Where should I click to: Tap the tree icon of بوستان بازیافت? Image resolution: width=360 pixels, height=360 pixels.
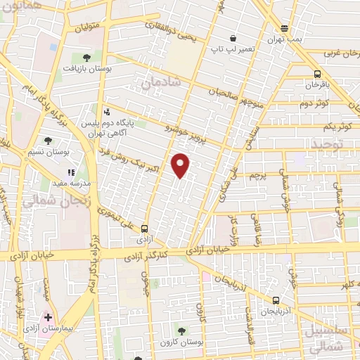86,57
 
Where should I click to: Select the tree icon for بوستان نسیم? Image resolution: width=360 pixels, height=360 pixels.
48,141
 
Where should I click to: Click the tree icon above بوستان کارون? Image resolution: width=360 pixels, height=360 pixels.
181,330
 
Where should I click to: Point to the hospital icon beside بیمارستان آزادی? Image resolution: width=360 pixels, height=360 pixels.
48,318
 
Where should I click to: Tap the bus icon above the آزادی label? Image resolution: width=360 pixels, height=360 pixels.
144,228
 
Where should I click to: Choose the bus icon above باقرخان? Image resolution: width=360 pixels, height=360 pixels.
317,74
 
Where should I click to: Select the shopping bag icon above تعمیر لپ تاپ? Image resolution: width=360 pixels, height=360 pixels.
232,39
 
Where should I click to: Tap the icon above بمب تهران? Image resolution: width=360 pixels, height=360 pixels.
284,28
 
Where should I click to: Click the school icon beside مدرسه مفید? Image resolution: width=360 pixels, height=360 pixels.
70,172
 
